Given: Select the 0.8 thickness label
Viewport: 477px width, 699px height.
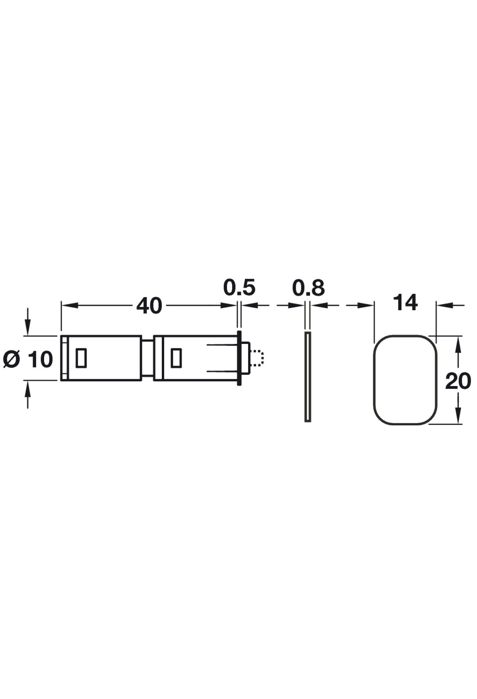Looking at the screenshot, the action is coord(308,288).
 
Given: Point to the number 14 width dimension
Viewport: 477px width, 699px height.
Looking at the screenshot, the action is coord(405,303).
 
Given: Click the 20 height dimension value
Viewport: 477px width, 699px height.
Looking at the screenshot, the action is coord(458,381).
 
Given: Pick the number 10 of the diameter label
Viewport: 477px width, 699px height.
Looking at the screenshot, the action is coord(41,359).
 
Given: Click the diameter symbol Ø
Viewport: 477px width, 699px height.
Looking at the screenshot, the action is coord(12,359).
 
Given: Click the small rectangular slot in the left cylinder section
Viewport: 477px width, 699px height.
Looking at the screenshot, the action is coord(81,358).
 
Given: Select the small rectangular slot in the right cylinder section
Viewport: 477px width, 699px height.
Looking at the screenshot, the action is coord(176,358).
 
